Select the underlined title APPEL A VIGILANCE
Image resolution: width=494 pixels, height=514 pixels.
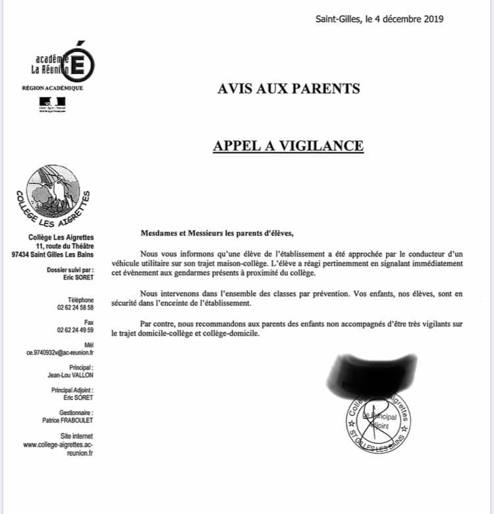(288, 145)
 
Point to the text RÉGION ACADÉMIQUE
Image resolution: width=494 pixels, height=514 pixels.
(53, 88)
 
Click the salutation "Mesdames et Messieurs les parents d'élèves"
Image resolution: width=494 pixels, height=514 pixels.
(215, 232)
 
